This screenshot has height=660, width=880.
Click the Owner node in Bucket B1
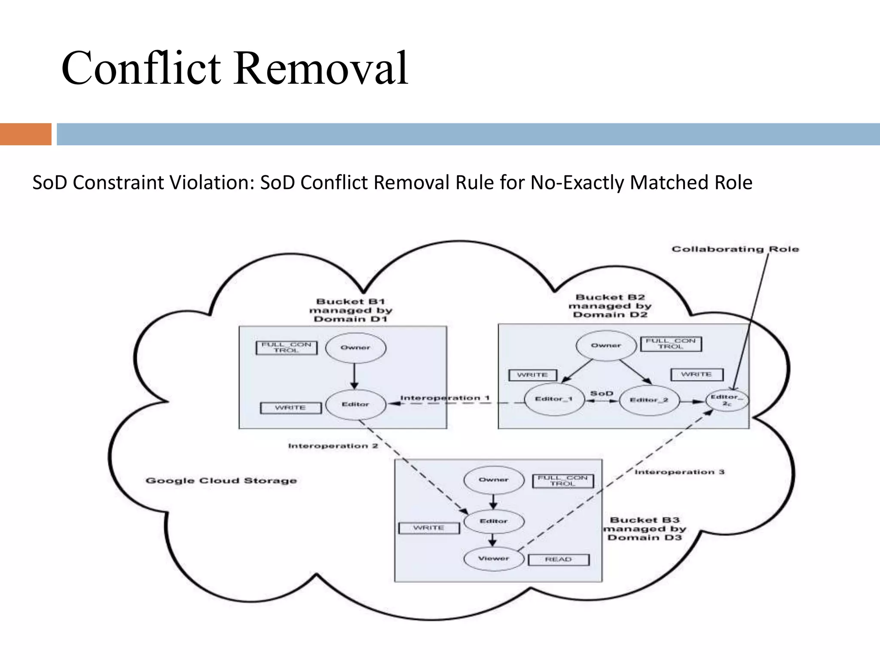point(355,348)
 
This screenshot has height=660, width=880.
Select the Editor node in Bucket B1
point(355,404)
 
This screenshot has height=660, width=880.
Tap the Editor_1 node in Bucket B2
point(554,400)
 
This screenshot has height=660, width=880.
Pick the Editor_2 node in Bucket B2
point(649,400)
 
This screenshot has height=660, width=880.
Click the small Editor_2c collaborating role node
point(727,400)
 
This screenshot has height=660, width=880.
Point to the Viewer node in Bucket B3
point(494,559)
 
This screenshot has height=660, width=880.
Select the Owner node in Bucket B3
point(494,480)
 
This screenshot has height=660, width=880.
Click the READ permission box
point(558,559)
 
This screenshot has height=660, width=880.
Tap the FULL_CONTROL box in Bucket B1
point(286,348)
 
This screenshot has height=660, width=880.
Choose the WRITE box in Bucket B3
point(428,528)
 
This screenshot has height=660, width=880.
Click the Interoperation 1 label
point(445,398)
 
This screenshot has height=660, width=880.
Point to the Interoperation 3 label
point(679,472)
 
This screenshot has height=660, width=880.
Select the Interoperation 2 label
point(333,446)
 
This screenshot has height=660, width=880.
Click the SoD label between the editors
point(602,393)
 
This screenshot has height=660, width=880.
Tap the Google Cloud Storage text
point(221,480)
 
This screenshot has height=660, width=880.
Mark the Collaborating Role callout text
point(735,249)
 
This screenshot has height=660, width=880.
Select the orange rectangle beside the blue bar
point(25,134)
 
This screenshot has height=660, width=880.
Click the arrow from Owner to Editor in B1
point(354,376)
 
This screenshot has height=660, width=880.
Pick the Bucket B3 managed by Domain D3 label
point(644,529)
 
